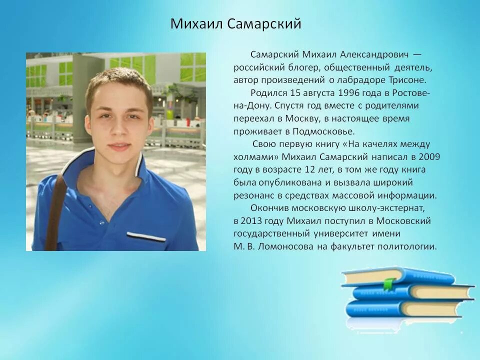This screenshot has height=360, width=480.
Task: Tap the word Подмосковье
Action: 325,132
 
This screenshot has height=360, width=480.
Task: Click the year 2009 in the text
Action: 430,157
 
